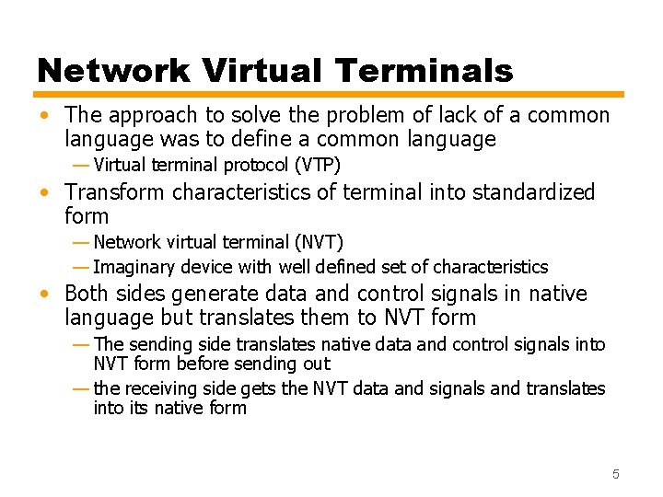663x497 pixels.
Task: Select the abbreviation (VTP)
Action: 318,166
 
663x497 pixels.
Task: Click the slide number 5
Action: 616,474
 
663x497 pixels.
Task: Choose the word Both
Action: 87,295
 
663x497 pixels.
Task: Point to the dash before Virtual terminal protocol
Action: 81,166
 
